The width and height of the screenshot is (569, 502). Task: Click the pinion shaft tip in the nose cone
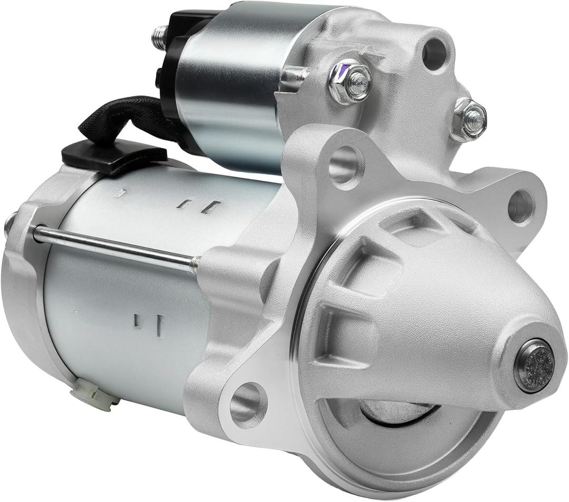(x=534, y=365)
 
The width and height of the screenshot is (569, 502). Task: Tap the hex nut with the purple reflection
(x=350, y=83)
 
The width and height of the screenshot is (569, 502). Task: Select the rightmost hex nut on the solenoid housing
(x=469, y=119)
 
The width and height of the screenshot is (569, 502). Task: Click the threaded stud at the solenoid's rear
(x=159, y=37)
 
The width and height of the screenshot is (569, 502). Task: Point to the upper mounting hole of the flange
(x=346, y=164)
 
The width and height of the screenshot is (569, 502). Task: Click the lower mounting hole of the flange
(x=248, y=405)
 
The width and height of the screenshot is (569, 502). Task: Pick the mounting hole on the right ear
(x=521, y=206)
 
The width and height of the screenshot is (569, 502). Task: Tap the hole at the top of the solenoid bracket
(x=435, y=53)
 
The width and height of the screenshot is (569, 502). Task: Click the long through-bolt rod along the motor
(x=113, y=246)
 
